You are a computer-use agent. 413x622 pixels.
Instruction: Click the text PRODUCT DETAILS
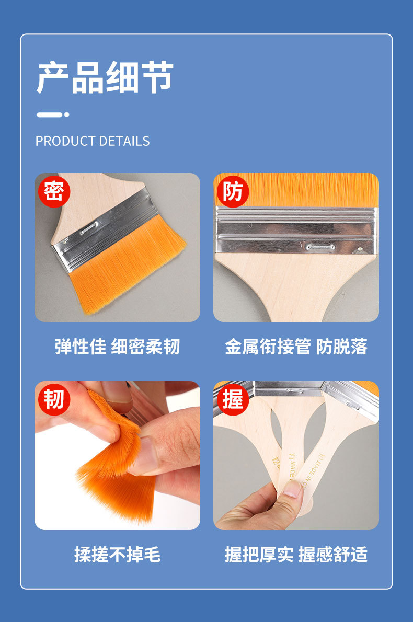pos(93,141)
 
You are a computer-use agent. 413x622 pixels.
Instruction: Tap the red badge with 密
pos(54,191)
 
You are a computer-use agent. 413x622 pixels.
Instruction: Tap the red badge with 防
pos(233,191)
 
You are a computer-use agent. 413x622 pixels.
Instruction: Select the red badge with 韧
pos(54,399)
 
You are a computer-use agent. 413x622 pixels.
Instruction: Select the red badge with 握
pos(233,399)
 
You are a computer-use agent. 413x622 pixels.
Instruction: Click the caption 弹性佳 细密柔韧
pos(117,347)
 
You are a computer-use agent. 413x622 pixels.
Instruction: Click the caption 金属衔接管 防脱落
pos(296,347)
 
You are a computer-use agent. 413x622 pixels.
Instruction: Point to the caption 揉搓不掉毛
pos(117,555)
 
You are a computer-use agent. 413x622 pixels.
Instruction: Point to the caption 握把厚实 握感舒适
pos(296,555)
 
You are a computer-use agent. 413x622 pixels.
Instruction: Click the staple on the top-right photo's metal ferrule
pos(320,247)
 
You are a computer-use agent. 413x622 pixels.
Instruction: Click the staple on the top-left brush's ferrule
pos(89,226)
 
